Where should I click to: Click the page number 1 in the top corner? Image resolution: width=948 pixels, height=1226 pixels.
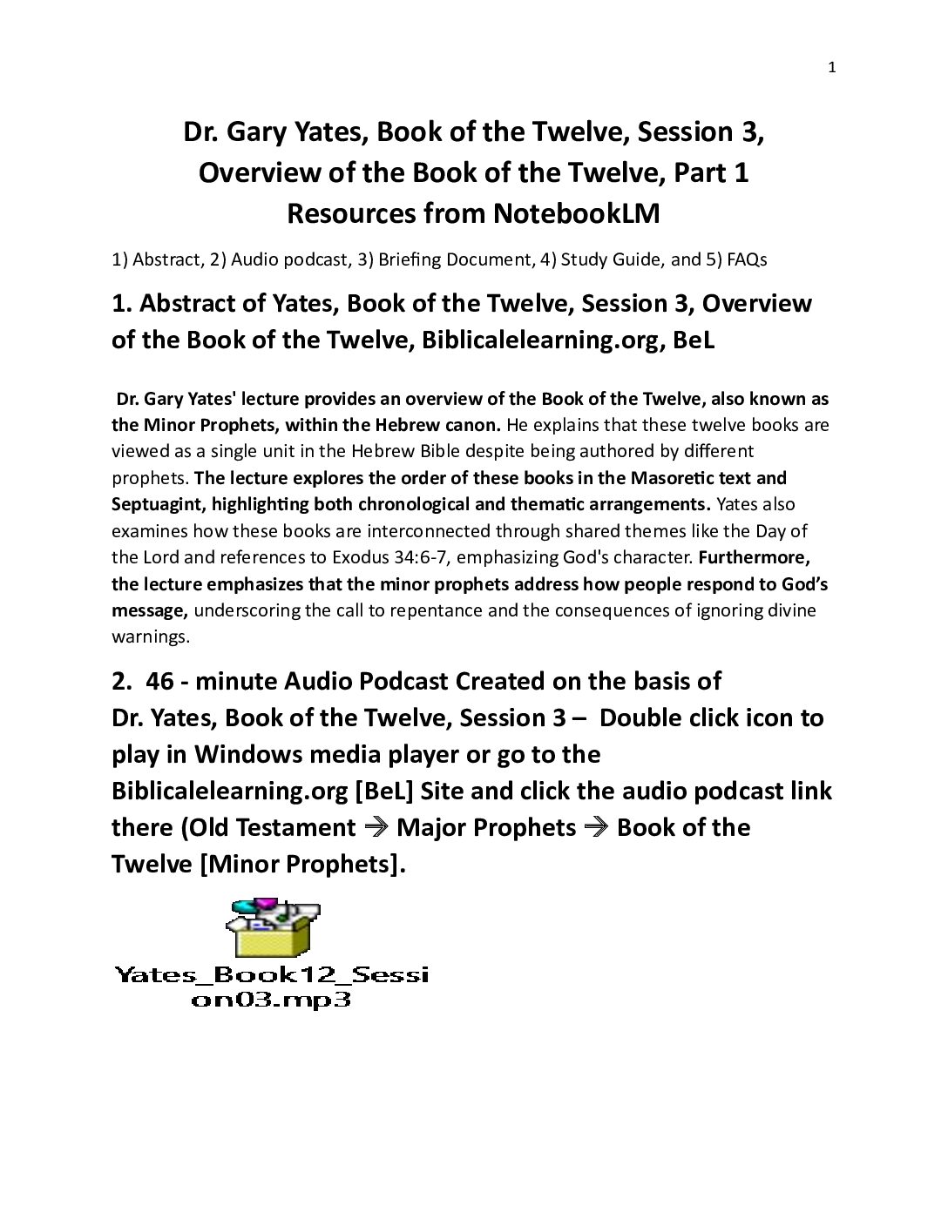click(x=831, y=68)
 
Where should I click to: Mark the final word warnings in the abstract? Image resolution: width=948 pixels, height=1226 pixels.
click(x=149, y=637)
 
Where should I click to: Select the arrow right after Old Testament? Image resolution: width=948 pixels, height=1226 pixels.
click(x=376, y=827)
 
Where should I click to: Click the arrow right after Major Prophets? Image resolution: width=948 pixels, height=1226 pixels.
click(x=596, y=827)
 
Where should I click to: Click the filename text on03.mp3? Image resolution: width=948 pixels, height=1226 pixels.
click(x=271, y=1000)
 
